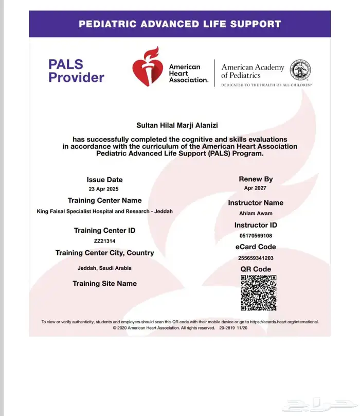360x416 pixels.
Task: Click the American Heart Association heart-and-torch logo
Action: (148, 67)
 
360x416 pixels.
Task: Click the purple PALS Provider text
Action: (76, 71)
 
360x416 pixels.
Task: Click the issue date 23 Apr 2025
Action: (104, 189)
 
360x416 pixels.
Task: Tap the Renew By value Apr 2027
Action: (256, 189)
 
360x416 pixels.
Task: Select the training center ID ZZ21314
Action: (104, 240)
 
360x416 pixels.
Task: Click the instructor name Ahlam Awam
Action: (256, 213)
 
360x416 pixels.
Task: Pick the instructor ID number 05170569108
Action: (256, 236)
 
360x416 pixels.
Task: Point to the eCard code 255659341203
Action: (256, 258)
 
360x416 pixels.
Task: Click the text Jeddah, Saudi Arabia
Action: (104, 268)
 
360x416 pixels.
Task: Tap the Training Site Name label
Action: (104, 283)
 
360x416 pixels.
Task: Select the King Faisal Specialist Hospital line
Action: (105, 211)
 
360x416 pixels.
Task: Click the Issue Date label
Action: (104, 180)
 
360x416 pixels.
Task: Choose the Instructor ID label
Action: (256, 225)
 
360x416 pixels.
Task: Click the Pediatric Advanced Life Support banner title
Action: (179, 24)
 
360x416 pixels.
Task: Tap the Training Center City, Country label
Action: (104, 253)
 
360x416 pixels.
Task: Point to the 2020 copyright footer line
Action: (180, 327)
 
